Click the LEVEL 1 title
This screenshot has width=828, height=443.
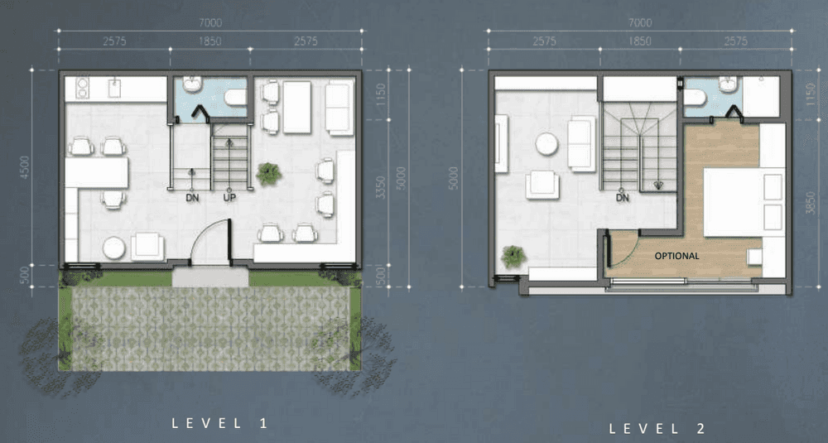click(x=220, y=423)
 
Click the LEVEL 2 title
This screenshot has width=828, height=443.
click(x=657, y=428)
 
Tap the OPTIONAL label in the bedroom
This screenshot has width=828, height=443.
click(x=677, y=256)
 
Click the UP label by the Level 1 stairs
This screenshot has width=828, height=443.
click(x=229, y=197)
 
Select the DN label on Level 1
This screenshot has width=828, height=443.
click(x=192, y=198)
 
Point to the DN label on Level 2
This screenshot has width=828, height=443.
click(x=623, y=198)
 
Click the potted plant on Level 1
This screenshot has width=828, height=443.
click(x=269, y=174)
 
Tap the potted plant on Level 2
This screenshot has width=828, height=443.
click(x=513, y=257)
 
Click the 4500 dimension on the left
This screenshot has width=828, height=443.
click(x=24, y=167)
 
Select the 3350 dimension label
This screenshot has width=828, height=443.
click(x=380, y=187)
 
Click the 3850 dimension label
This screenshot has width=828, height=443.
click(x=811, y=202)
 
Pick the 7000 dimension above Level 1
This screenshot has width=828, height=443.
click(x=210, y=22)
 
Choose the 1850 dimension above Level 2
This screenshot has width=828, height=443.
click(x=639, y=41)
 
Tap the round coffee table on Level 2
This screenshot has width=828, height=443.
click(x=546, y=143)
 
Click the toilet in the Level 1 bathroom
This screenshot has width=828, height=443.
click(x=235, y=97)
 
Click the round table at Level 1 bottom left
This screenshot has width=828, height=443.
click(x=114, y=248)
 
